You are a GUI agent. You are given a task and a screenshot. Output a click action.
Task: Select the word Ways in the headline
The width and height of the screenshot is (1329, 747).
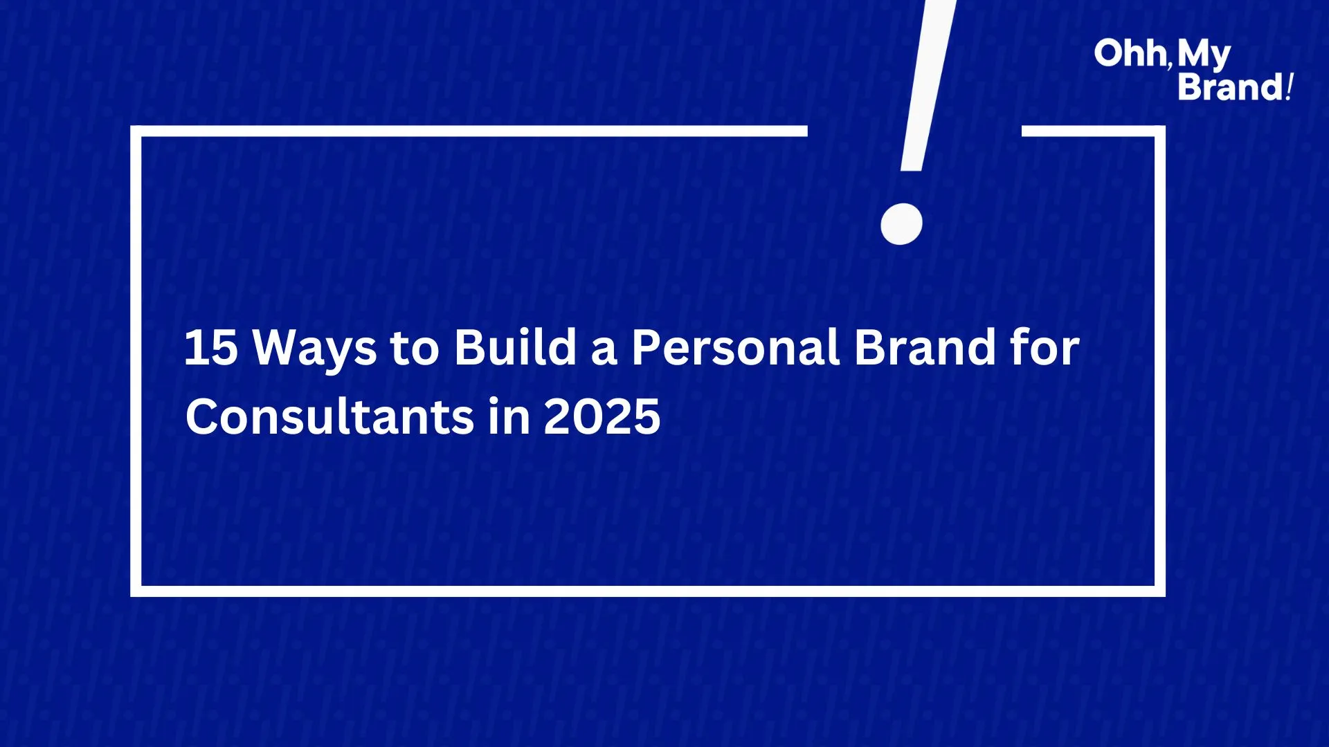(315, 349)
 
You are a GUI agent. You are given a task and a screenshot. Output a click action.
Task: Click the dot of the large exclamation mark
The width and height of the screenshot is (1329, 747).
(901, 224)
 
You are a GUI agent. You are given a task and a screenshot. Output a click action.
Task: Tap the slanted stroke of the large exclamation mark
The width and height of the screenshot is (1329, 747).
(928, 85)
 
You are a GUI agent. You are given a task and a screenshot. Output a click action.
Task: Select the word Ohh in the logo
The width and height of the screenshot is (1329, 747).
(1130, 53)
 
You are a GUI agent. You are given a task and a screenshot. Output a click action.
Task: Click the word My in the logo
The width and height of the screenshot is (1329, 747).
(1204, 55)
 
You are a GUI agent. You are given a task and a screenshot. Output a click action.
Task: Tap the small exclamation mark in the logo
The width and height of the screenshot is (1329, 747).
(1288, 87)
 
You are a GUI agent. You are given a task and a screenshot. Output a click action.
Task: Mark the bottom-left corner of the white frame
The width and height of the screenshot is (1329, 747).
(136, 591)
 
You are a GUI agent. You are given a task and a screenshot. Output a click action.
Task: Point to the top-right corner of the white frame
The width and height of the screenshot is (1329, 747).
(1160, 131)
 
